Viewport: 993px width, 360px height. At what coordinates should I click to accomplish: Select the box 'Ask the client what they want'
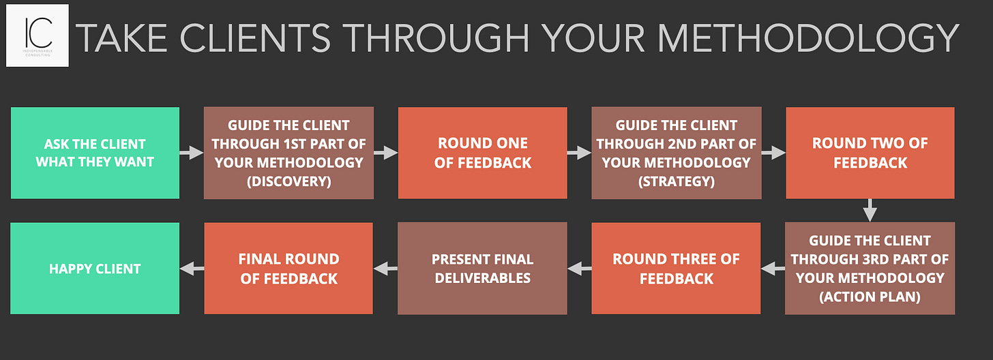click(95, 153)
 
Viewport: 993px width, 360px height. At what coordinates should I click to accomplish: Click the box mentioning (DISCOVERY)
click(288, 153)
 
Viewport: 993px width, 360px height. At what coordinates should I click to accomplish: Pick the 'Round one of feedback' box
click(482, 153)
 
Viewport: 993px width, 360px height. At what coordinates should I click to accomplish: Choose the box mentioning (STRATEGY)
click(676, 153)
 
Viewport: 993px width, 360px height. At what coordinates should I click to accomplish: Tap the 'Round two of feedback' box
click(870, 153)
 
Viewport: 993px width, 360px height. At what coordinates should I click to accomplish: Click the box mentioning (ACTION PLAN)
click(870, 269)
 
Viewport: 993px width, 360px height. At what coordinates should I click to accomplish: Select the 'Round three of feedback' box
click(676, 269)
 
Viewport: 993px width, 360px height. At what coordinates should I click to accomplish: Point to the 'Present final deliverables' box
click(482, 269)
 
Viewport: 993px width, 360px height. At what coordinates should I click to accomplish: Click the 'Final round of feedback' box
click(288, 269)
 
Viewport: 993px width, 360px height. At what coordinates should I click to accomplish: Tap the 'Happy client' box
click(95, 269)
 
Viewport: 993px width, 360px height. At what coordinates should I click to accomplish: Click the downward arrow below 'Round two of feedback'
click(870, 211)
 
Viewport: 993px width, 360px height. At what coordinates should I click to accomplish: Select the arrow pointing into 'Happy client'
click(192, 269)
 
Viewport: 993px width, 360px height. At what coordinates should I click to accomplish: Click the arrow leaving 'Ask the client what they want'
click(192, 153)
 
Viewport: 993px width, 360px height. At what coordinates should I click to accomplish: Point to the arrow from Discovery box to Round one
click(385, 153)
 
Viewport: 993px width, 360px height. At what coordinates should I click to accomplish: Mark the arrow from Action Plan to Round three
click(773, 269)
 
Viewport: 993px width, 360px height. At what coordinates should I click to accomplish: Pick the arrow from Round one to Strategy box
click(579, 153)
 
